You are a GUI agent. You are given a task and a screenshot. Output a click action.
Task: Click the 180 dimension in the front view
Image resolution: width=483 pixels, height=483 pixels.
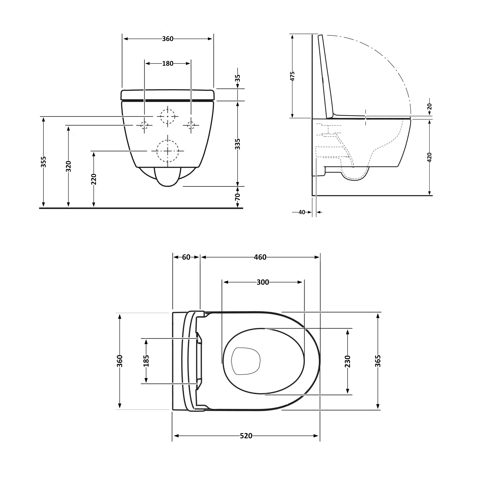[x=167, y=64]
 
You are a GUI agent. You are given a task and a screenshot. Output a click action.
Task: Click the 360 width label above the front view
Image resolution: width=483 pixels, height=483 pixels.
[x=167, y=39]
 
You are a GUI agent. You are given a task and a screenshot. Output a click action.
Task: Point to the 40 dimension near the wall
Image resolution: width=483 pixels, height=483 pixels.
[x=302, y=212]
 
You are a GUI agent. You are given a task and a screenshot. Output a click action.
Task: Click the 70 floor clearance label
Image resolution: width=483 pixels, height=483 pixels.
[x=238, y=197]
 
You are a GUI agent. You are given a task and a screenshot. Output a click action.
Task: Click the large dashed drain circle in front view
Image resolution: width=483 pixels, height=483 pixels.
[x=167, y=151]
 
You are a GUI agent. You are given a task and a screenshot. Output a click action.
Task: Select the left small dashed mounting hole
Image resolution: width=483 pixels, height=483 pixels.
[x=144, y=125]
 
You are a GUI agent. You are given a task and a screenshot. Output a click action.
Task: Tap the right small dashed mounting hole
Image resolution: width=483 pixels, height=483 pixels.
[x=191, y=125]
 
